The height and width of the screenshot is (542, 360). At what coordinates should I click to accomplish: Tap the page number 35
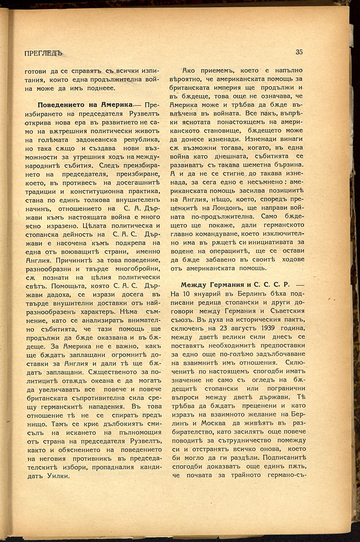(299, 51)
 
